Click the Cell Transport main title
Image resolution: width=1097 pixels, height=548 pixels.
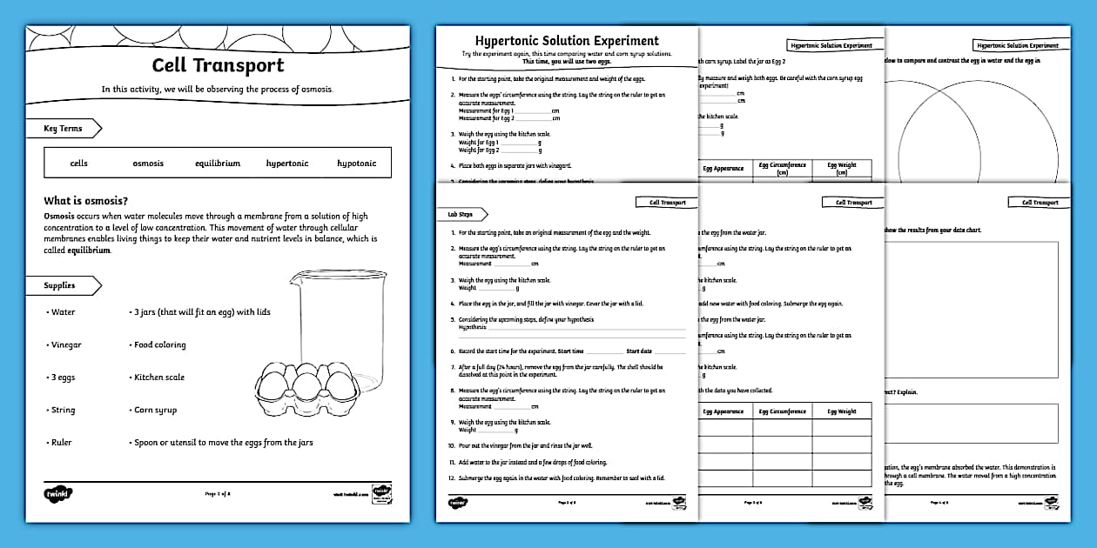point(218,65)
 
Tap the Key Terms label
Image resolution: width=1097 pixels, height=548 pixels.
point(64,129)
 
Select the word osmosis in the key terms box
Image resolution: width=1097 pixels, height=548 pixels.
point(148,163)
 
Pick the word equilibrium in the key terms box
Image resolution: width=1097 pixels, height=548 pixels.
point(218,163)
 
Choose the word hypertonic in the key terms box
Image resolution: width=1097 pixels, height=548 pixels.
point(287,163)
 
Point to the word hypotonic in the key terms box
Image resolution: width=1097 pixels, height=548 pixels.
point(357,163)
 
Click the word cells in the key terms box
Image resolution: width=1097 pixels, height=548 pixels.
point(79,163)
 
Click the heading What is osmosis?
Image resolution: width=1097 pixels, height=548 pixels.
point(86,201)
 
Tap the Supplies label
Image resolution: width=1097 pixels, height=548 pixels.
point(60,285)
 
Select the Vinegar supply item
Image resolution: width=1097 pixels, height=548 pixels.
point(66,344)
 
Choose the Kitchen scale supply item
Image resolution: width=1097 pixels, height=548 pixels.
point(159,378)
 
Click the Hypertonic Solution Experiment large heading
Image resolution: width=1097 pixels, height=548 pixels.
point(567,41)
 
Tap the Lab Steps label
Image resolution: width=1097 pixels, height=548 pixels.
point(461,214)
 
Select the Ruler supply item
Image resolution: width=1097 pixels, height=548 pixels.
point(61,443)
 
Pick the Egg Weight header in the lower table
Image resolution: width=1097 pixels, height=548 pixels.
point(841,411)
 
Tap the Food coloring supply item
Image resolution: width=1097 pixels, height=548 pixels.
point(159,344)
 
